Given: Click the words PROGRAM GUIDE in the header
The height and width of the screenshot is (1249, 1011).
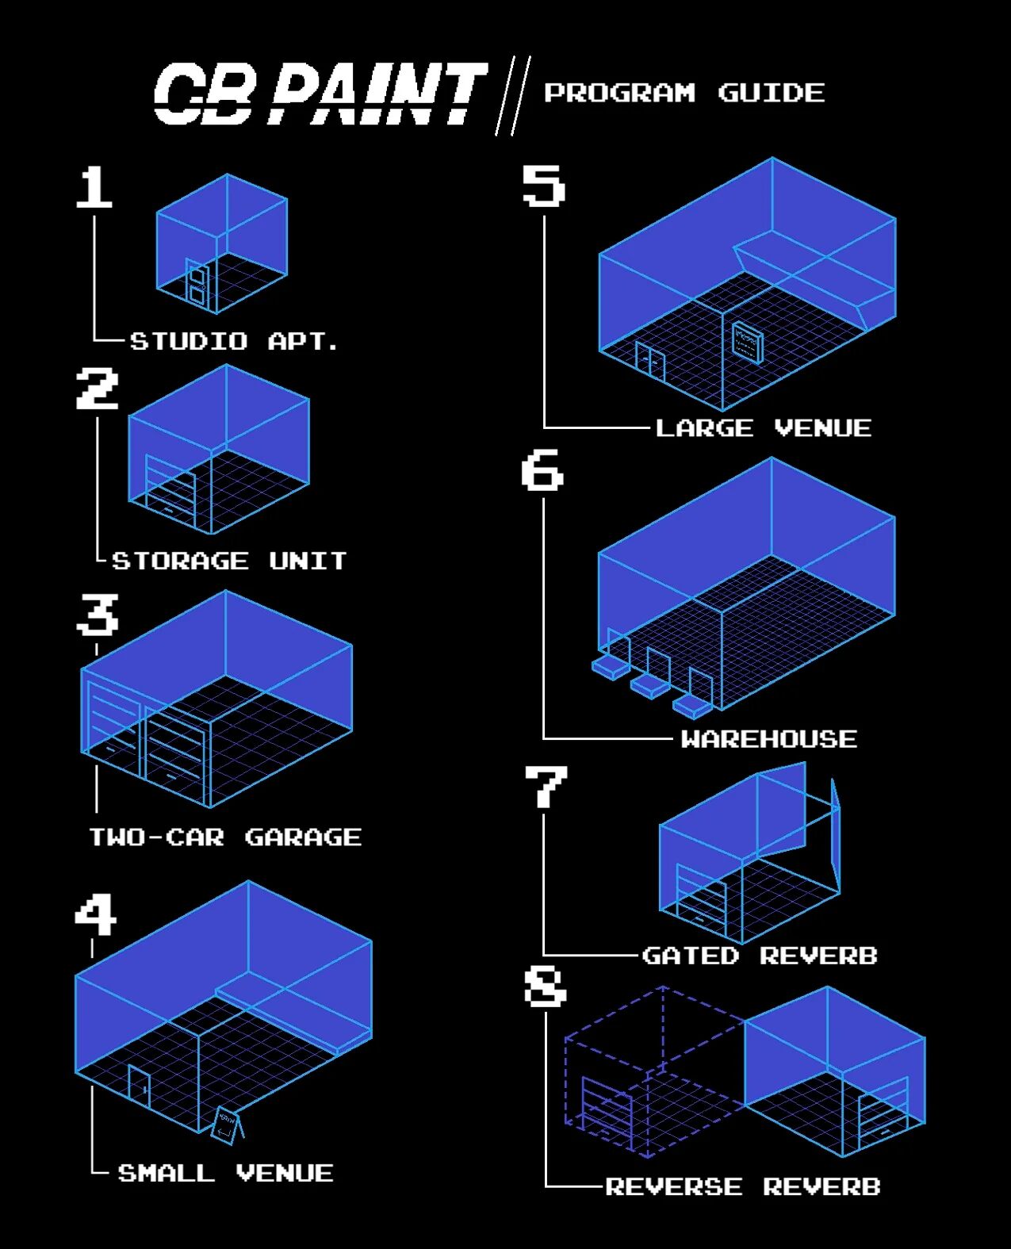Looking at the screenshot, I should [x=684, y=93].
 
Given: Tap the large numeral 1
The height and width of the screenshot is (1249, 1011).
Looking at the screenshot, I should [x=95, y=187].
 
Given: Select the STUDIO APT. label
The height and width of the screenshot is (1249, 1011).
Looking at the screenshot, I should [x=234, y=341].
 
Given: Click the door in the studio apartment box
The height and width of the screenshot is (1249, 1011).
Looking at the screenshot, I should [x=197, y=282].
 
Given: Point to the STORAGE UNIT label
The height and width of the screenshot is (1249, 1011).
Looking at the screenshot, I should [x=229, y=561].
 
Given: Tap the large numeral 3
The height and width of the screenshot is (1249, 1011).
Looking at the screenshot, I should [x=98, y=615].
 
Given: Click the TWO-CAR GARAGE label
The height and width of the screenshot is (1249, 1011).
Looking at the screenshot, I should [x=225, y=837].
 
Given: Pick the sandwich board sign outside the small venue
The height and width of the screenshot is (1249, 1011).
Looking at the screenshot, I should [x=227, y=1125].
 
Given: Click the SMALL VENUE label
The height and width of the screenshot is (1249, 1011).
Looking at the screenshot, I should [x=225, y=1173].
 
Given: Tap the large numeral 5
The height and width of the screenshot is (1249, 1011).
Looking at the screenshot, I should [x=543, y=186].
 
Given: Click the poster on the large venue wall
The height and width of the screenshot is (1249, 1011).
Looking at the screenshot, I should [x=747, y=342].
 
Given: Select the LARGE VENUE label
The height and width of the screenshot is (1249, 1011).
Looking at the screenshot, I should [x=763, y=428].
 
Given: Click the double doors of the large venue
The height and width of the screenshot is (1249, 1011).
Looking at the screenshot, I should [x=650, y=361].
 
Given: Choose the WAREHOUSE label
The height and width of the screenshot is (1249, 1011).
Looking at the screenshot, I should [x=768, y=739].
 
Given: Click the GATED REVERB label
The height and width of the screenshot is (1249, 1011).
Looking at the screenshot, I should [x=760, y=955].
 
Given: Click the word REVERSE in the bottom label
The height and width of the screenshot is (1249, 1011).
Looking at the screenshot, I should [x=674, y=1186].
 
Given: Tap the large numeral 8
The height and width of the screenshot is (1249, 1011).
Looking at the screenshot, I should [x=545, y=987].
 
